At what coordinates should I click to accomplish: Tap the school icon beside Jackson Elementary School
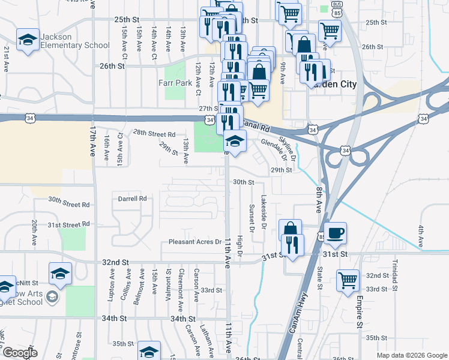[27, 40]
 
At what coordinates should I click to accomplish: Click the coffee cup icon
[336, 232]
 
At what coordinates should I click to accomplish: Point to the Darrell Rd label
[132, 198]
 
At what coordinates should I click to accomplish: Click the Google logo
[20, 353]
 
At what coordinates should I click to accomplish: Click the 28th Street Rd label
[154, 133]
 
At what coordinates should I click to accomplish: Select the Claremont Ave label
[181, 283]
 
